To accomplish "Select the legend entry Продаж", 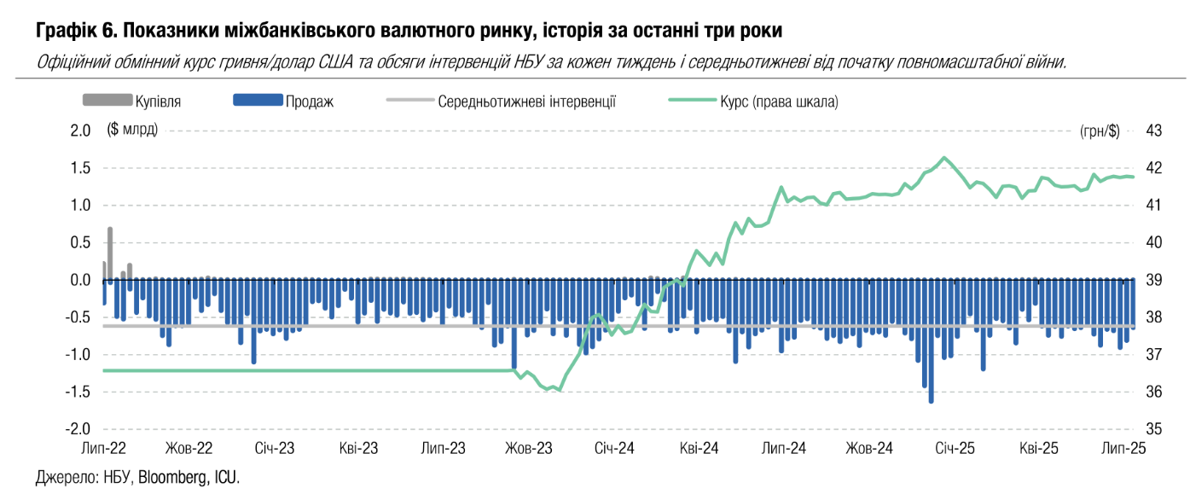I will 309,102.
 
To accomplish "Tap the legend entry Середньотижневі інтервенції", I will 526,102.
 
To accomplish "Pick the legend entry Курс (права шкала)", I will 789,102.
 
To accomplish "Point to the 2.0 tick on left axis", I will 80,131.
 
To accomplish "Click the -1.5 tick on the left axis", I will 78,392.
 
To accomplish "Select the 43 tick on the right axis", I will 1130,131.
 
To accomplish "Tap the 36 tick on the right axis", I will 1130,392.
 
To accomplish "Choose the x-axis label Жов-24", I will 869,448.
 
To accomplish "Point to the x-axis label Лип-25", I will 1123,448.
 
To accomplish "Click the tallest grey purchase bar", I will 110,253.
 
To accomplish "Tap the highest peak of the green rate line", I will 943,158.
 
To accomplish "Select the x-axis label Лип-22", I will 103,448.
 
